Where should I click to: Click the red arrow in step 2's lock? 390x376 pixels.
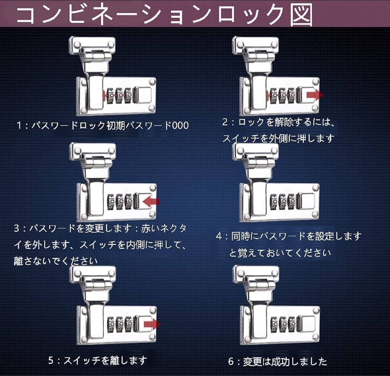pyautogui.click(x=315, y=95)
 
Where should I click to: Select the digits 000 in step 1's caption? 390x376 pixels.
pyautogui.click(x=180, y=126)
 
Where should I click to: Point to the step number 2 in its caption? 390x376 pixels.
pyautogui.click(x=225, y=122)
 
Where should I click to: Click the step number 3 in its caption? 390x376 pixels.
pyautogui.click(x=17, y=228)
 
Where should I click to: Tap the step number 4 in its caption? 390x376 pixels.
pyautogui.click(x=219, y=236)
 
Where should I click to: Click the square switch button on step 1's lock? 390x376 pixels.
pyautogui.click(x=143, y=95)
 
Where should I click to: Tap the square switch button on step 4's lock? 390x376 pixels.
pyautogui.click(x=306, y=201)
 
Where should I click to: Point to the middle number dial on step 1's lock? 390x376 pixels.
pyautogui.click(x=120, y=96)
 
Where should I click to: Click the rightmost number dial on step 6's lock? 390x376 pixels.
pyautogui.click(x=292, y=324)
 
